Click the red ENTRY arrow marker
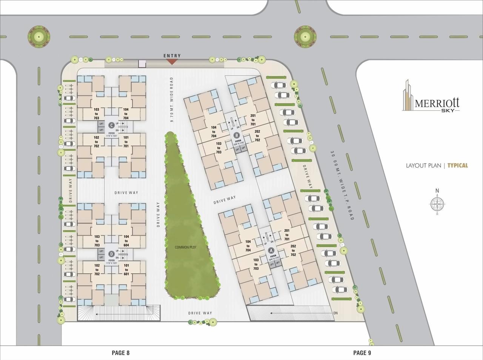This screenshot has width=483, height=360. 172,61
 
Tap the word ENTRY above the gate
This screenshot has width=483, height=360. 172,56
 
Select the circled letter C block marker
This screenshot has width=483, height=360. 111,126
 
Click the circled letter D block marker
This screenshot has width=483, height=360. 111,253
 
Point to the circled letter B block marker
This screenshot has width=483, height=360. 237,135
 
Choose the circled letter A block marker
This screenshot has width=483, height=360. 271,250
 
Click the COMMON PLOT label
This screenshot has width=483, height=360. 186,247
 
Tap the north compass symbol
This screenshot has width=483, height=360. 437,204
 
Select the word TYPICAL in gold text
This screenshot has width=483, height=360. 458,165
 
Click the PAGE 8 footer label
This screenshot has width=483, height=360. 121,353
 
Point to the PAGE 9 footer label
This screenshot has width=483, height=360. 362,353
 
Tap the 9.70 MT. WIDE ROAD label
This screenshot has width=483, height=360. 172,100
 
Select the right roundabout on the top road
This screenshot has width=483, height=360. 305,36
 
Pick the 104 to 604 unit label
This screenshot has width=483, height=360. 126,241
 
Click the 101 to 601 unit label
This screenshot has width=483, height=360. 126,270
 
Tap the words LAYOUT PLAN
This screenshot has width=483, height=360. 423,165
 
